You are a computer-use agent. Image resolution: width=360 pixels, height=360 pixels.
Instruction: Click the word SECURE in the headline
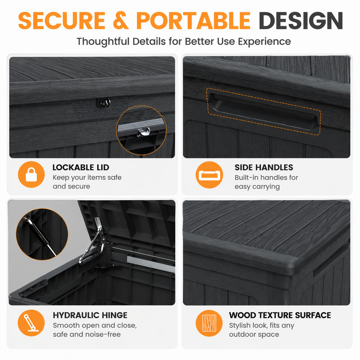pyautogui.click(x=62, y=21)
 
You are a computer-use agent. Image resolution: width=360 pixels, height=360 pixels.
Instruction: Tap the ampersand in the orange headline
pyautogui.click(x=121, y=21)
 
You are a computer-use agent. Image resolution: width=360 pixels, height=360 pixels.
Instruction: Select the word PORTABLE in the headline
pyautogui.click(x=193, y=21)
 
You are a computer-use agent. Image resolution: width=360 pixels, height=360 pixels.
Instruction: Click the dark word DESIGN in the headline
pyautogui.click(x=301, y=21)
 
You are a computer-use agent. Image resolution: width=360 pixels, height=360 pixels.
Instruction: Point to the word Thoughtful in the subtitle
pyautogui.click(x=103, y=42)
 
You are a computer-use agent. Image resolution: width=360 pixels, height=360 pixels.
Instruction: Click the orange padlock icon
pyautogui.click(x=31, y=174)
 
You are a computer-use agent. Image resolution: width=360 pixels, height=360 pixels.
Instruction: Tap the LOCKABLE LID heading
pyautogui.click(x=81, y=167)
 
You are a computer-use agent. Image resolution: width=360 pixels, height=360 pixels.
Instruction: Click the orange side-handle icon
pyautogui.click(x=209, y=175)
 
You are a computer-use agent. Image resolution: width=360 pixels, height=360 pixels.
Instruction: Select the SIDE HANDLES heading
pyautogui.click(x=264, y=167)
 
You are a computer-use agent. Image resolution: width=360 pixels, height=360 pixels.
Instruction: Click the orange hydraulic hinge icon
pyautogui.click(x=31, y=323)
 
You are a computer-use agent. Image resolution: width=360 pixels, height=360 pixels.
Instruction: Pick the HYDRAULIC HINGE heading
pyautogui.click(x=90, y=315)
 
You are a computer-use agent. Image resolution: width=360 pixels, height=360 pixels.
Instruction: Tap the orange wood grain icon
pyautogui.click(x=209, y=323)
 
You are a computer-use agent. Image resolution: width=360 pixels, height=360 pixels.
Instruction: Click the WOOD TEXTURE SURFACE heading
pyautogui.click(x=280, y=315)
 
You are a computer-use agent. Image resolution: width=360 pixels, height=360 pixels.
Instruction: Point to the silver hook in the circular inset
pyautogui.click(x=144, y=132)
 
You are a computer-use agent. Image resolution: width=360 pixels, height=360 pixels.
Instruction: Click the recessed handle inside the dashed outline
pyautogui.click(x=264, y=112)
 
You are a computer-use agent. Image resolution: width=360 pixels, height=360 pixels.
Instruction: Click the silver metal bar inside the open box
pyautogui.click(x=151, y=264)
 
